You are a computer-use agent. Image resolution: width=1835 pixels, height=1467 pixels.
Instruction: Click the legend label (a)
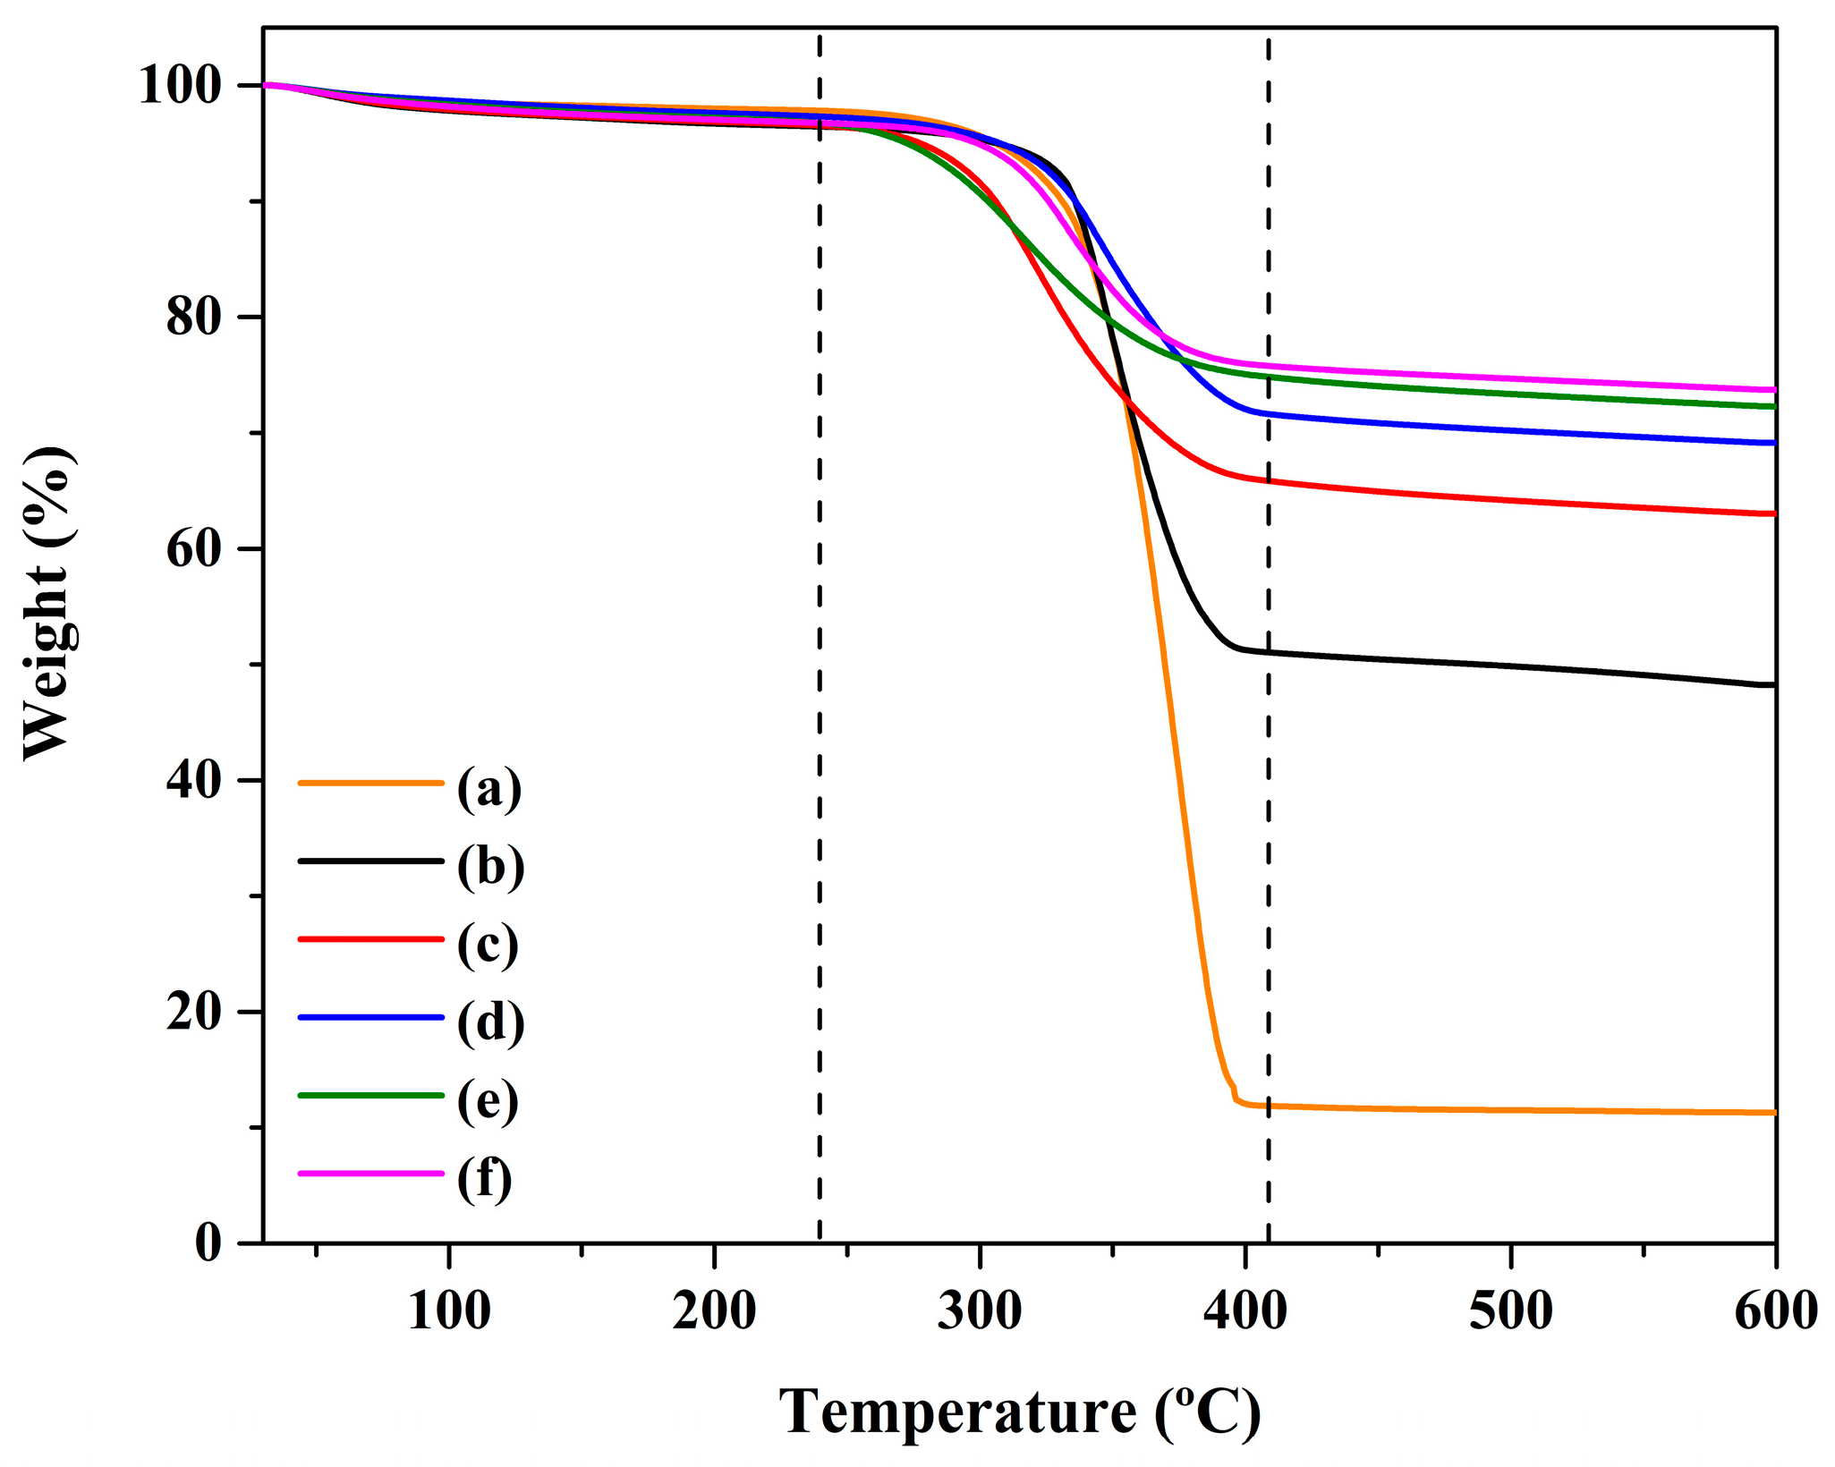click(x=488, y=788)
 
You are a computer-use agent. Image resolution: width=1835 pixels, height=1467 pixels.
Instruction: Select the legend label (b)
click(x=490, y=866)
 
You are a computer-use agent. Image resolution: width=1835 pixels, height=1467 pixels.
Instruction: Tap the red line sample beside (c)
click(x=370, y=939)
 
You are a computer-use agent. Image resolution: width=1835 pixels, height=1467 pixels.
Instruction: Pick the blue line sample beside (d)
click(x=370, y=1017)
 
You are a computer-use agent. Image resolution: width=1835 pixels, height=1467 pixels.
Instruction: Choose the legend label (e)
click(x=488, y=1100)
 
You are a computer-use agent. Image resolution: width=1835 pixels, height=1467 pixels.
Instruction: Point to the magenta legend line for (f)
click(x=370, y=1173)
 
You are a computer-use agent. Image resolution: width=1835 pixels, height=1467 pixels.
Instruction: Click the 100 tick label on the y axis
click(x=179, y=86)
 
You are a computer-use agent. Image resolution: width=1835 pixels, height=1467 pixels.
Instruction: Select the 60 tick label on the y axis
click(x=193, y=548)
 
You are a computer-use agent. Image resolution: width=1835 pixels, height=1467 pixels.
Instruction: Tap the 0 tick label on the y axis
click(x=208, y=1242)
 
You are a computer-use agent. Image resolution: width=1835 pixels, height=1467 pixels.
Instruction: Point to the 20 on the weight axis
click(x=193, y=1012)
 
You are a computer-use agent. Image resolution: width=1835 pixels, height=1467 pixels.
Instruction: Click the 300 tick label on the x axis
click(x=980, y=1311)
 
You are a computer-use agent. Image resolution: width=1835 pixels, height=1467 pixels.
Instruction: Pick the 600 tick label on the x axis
click(x=1775, y=1311)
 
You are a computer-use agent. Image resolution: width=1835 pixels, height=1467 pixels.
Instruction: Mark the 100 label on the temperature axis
click(x=448, y=1311)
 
